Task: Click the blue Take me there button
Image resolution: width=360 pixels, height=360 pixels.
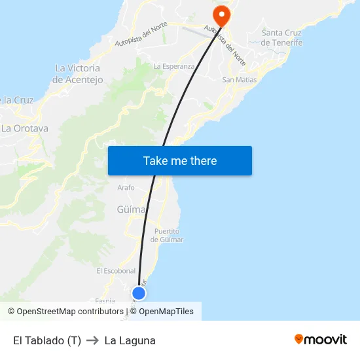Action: tap(180, 161)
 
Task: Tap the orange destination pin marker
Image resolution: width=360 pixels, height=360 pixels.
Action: tap(221, 14)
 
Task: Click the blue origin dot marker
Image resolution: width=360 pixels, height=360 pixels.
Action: tap(139, 293)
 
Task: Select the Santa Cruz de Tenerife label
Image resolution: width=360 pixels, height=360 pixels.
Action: tap(281, 38)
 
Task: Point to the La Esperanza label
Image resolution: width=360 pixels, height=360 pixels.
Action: tap(173, 66)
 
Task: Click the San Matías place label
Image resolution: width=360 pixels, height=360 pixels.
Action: tap(240, 79)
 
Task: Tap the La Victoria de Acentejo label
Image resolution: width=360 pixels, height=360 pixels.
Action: tap(77, 74)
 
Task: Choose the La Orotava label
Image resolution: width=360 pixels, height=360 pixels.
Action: tap(25, 128)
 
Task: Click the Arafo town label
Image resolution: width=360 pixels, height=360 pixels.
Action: tap(126, 188)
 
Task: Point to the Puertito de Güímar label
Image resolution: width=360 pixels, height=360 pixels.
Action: tap(167, 236)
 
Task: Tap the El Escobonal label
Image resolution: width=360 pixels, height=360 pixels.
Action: tap(116, 271)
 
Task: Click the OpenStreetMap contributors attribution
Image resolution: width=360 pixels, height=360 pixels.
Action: tap(65, 312)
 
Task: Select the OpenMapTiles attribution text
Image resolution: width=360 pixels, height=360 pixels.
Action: tap(166, 312)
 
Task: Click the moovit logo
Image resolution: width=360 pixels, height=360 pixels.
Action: tap(321, 340)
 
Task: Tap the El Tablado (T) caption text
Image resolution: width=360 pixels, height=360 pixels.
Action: tap(47, 340)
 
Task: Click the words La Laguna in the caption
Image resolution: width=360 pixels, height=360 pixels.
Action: tap(130, 340)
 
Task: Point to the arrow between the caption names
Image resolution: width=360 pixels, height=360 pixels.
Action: tap(92, 340)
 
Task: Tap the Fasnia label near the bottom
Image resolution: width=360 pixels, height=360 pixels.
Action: tap(105, 300)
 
